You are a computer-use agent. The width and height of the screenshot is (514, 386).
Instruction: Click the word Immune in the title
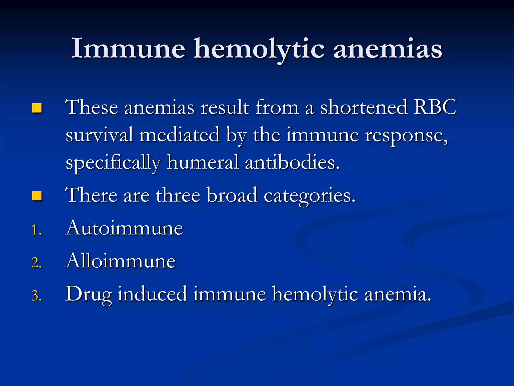click(x=128, y=48)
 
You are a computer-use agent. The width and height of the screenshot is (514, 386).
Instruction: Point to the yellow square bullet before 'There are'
click(x=37, y=196)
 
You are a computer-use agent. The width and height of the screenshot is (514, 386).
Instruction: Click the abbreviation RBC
click(x=435, y=107)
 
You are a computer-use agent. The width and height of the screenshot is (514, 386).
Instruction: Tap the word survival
click(x=99, y=135)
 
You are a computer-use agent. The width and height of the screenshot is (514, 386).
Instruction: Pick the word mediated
click(x=180, y=135)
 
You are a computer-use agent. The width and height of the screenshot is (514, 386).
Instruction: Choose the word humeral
click(x=203, y=162)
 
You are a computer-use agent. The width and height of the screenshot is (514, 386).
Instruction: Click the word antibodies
click(x=292, y=162)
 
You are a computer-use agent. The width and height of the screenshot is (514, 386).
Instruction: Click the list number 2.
click(x=36, y=263)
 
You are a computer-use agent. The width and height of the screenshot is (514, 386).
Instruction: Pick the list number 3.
click(x=36, y=296)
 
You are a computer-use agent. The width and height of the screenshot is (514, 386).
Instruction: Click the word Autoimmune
click(x=124, y=228)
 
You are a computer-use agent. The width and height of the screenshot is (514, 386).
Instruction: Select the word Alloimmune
click(x=121, y=261)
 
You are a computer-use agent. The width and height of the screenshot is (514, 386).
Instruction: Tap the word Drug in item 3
click(x=88, y=294)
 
